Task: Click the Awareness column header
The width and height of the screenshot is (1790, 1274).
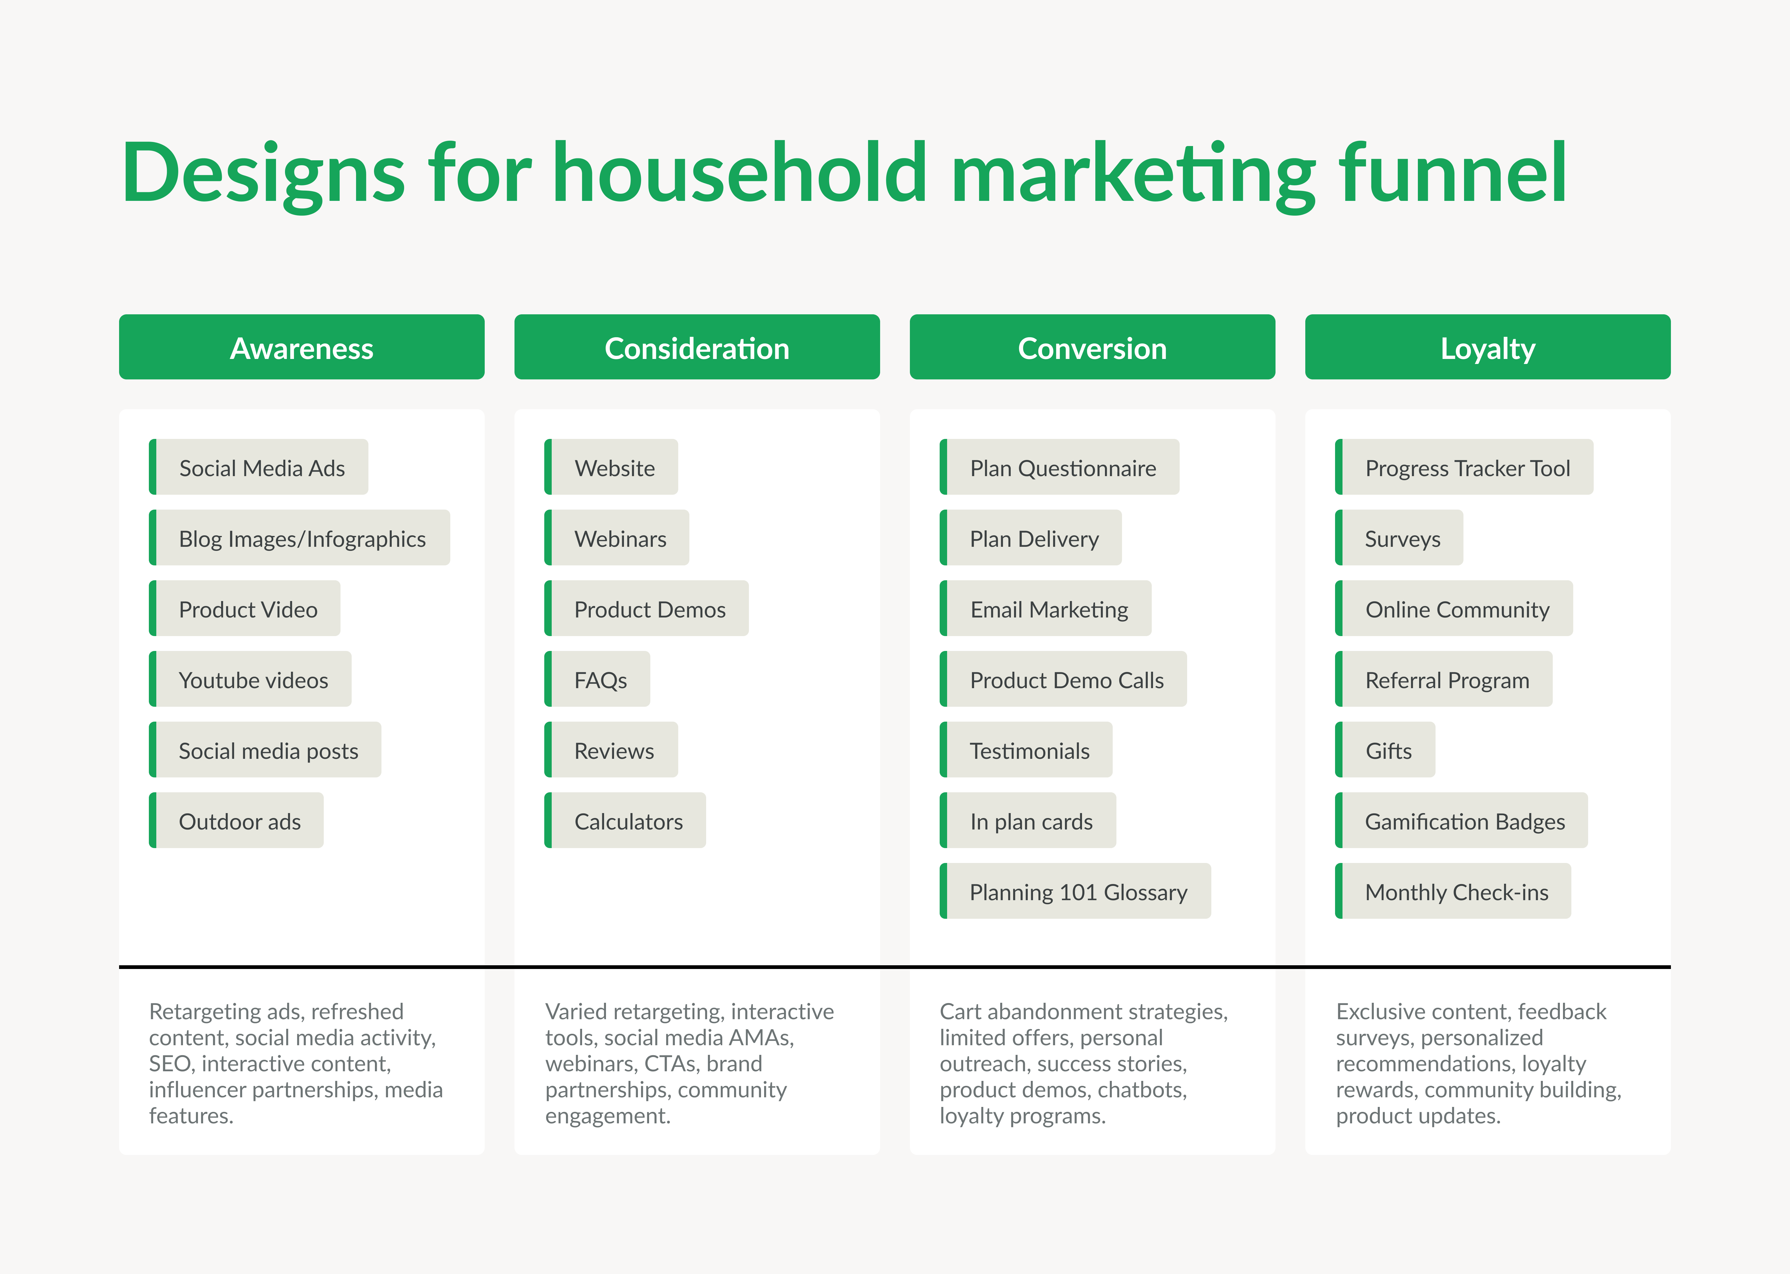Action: [x=301, y=347]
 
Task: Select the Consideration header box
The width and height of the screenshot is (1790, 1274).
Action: [x=697, y=347]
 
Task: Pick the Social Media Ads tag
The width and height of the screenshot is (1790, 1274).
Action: [x=261, y=467]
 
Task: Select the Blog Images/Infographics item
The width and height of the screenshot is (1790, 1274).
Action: [x=302, y=538]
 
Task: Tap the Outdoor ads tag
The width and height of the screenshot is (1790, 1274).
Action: [x=239, y=821]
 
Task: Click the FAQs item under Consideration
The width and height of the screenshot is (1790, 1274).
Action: [x=600, y=679]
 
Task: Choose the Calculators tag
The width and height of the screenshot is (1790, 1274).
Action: [x=628, y=821]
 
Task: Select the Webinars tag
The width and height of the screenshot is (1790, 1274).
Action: [x=620, y=538]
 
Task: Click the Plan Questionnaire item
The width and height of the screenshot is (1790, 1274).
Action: [x=1062, y=467]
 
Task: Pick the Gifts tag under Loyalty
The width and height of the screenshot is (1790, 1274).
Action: [x=1388, y=750]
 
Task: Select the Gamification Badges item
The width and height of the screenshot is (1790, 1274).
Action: [x=1464, y=821]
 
